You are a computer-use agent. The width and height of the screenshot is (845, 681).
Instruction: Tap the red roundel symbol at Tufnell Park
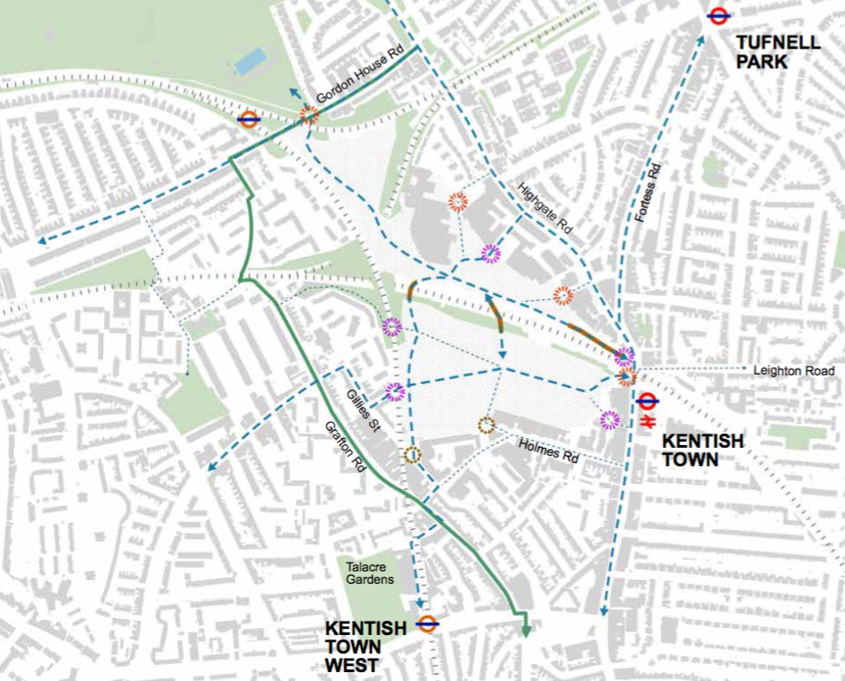coord(718,15)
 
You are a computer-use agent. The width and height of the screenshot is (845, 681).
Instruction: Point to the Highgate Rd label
coord(546,208)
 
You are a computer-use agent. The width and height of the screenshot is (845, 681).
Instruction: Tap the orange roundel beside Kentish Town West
coord(428,624)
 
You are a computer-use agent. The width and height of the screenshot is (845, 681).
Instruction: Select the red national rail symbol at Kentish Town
coord(646,420)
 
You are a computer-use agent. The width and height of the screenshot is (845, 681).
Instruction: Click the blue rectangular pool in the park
coord(250,62)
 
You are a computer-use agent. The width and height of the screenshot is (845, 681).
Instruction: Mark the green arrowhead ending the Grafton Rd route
coord(525,630)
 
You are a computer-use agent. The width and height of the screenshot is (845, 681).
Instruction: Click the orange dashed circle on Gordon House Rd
coord(308,114)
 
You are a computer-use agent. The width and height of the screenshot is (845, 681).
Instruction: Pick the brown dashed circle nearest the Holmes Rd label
coord(485,425)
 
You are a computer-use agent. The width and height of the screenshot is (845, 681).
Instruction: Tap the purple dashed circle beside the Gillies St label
coord(395,391)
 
